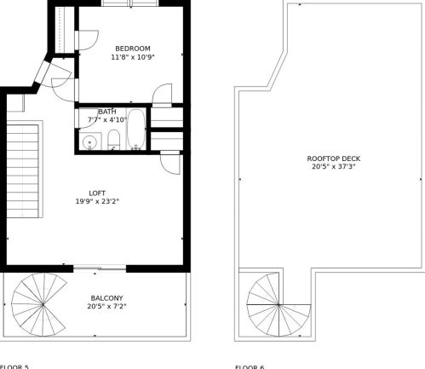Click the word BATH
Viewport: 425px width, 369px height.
click(x=107, y=112)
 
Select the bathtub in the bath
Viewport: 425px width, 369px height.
click(x=136, y=130)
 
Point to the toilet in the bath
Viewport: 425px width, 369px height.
click(x=113, y=141)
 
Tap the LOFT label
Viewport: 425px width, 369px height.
click(x=97, y=193)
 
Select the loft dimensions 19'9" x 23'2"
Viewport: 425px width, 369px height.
click(x=97, y=202)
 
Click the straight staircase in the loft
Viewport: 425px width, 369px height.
click(x=24, y=170)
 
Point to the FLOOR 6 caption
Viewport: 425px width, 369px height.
click(x=250, y=366)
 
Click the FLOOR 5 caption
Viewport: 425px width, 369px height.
click(x=14, y=366)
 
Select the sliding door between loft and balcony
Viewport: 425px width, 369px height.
click(x=100, y=270)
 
